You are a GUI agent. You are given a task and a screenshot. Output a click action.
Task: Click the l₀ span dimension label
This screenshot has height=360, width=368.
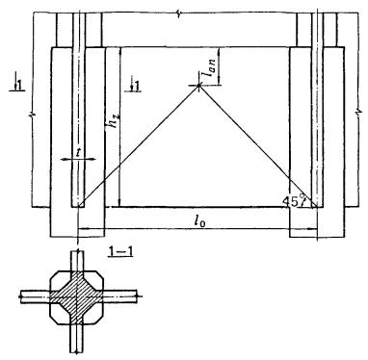pyautogui.click(x=199, y=221)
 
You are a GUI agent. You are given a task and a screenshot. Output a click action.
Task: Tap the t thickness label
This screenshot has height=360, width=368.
pyautogui.click(x=78, y=152)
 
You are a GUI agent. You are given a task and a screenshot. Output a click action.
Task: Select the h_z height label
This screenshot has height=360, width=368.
pyautogui.click(x=112, y=128)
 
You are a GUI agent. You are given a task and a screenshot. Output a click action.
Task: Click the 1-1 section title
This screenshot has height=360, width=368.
pyautogui.click(x=120, y=252)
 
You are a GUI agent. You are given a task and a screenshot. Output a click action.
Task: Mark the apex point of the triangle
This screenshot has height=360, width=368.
pyautogui.click(x=198, y=86)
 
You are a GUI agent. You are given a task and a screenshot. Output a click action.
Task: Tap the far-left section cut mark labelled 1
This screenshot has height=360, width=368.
pyautogui.click(x=17, y=85)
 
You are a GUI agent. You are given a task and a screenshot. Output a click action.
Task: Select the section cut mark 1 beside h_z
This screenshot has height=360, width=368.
pyautogui.click(x=135, y=85)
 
